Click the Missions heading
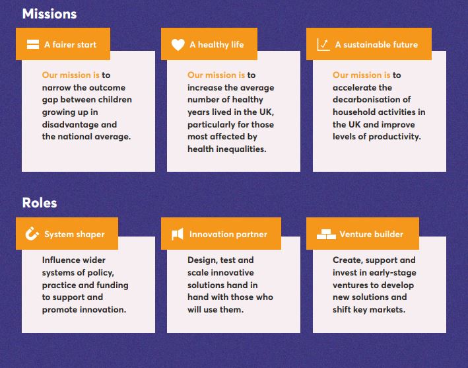click(x=50, y=14)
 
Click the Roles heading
click(x=40, y=203)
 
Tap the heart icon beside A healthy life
click(x=178, y=45)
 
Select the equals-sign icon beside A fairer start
click(x=33, y=44)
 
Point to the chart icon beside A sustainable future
click(x=323, y=45)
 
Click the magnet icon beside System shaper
click(x=32, y=234)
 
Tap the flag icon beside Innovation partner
click(x=178, y=234)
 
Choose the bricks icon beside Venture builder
click(x=326, y=234)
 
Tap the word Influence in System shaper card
click(x=61, y=260)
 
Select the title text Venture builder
click(x=371, y=234)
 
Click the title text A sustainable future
click(x=376, y=44)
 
